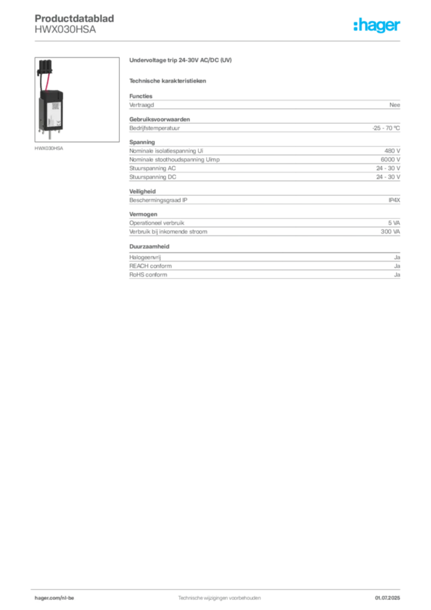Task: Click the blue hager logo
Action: [x=377, y=26]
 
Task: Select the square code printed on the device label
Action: [x=52, y=105]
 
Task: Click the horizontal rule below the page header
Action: [x=219, y=41]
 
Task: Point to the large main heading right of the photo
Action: [x=180, y=61]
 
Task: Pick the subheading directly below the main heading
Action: [x=169, y=81]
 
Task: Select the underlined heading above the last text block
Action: [x=150, y=246]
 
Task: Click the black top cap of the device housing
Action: [x=52, y=91]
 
